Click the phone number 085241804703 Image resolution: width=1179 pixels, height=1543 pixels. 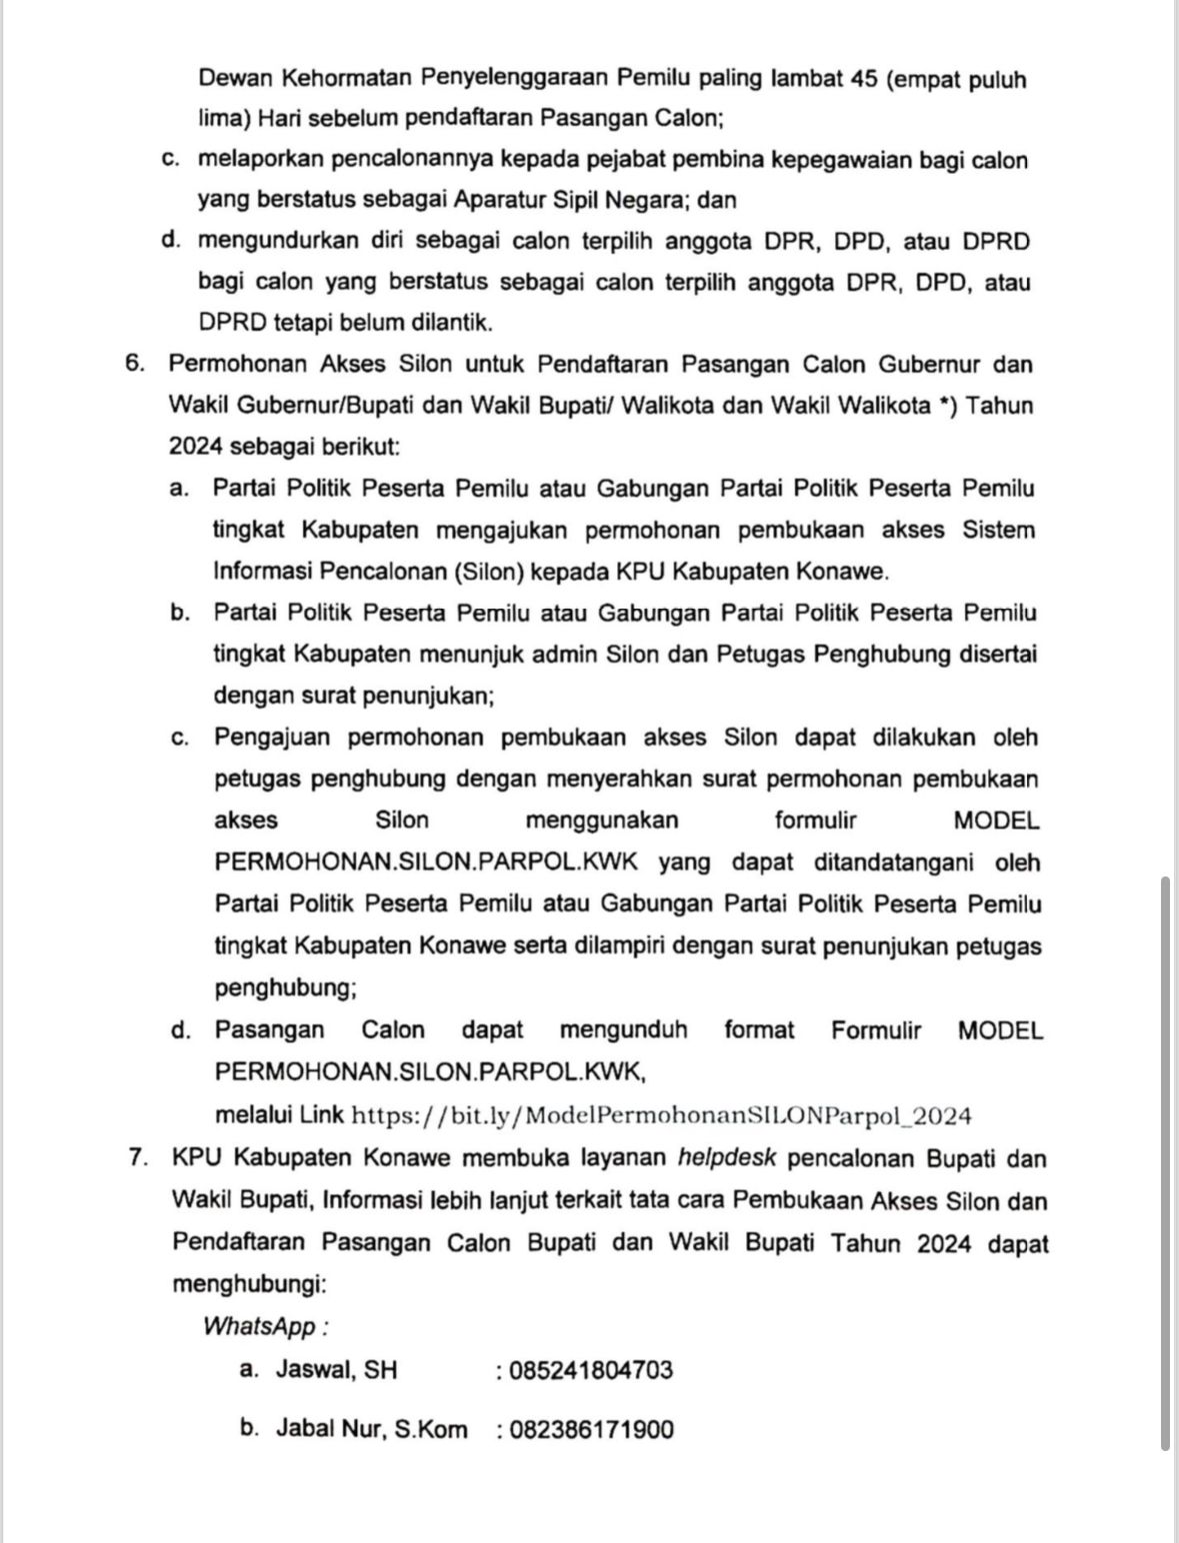pos(591,1370)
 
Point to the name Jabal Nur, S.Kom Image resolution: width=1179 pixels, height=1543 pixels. pos(371,1429)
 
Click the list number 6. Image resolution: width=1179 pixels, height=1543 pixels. pos(136,364)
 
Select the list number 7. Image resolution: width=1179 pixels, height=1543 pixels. pos(139,1158)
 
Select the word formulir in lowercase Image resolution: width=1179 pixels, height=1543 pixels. pos(815,820)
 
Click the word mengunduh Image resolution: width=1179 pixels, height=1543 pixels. pos(623,1029)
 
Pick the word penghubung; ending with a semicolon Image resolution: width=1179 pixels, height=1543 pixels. pos(286,988)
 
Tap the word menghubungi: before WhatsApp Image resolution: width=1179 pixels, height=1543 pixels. pos(250,1284)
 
